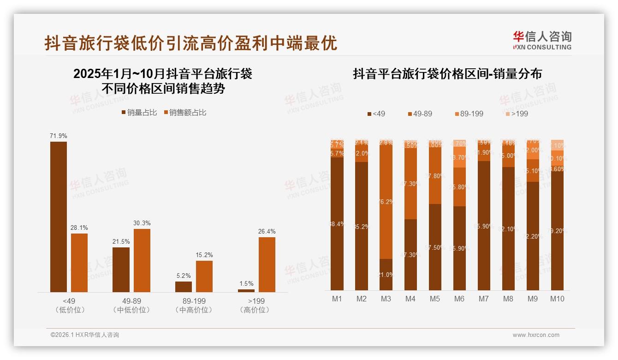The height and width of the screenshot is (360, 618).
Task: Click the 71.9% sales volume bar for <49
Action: [x=59, y=216]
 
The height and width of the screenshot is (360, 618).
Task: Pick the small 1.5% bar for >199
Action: [x=246, y=290]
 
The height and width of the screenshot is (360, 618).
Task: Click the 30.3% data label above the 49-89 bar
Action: [x=142, y=223]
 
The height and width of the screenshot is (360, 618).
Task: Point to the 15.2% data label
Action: [x=204, y=255]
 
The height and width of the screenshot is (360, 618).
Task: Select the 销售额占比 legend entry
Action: [x=184, y=113]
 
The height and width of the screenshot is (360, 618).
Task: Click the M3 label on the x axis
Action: [x=386, y=299]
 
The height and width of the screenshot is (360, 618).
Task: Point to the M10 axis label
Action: [x=557, y=299]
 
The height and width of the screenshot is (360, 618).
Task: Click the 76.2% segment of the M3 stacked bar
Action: [x=386, y=202]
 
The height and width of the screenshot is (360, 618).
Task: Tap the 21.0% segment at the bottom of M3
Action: [x=386, y=275]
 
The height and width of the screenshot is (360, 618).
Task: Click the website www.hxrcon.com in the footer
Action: [x=535, y=335]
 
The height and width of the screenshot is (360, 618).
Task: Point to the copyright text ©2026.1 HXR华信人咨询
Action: [x=85, y=335]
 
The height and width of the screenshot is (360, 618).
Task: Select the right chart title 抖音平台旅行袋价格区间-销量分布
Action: [x=447, y=74]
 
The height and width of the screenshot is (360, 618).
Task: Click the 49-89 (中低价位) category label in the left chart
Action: [x=131, y=306]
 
